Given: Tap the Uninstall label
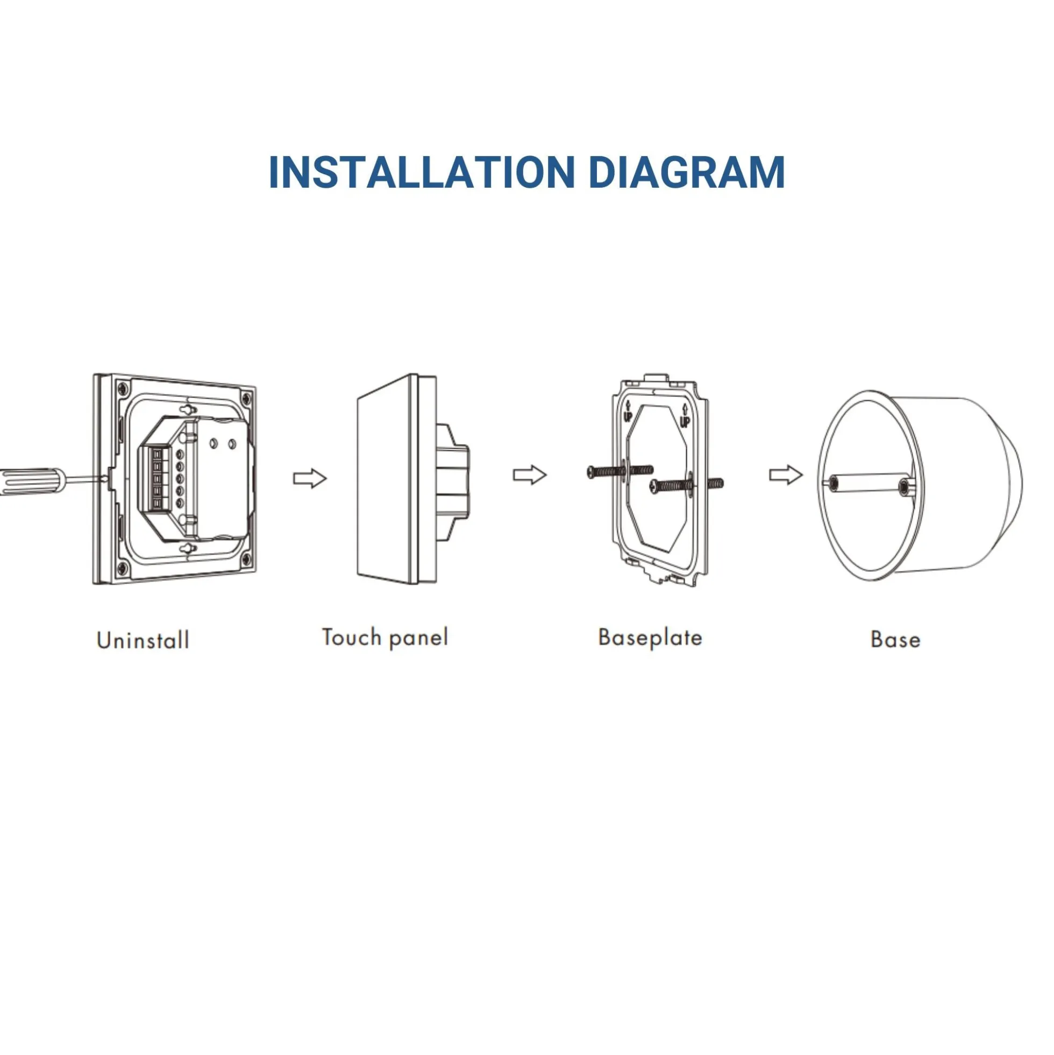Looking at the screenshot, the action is tap(143, 640).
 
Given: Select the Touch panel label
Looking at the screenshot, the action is tap(385, 638).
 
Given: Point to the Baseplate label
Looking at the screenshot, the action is tap(650, 638).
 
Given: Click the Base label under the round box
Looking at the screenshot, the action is tap(896, 640).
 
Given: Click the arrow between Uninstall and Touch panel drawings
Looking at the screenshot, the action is tap(310, 478).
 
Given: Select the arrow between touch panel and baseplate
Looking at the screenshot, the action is tap(530, 475).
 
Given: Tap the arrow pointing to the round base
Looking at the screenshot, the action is tap(786, 475).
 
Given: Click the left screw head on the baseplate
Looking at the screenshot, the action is tap(593, 472).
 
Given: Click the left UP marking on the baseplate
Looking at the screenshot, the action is tap(628, 411).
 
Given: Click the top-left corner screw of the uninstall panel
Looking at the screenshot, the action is tap(122, 389).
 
